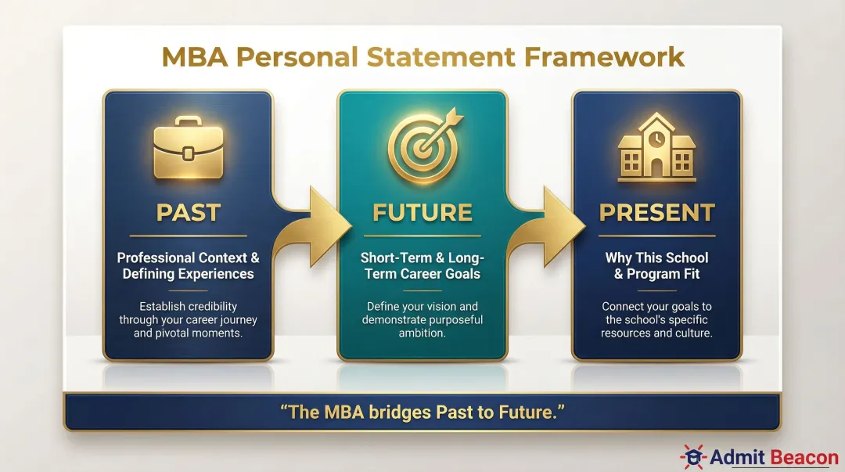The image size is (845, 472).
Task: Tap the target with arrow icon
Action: [422, 146]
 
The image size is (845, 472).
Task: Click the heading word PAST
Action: [188, 212]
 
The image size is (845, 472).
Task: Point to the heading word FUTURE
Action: [422, 212]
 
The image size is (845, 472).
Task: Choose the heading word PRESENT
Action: [657, 212]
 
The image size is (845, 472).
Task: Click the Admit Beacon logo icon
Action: [692, 456]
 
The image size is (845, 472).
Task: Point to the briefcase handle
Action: [187, 123]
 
